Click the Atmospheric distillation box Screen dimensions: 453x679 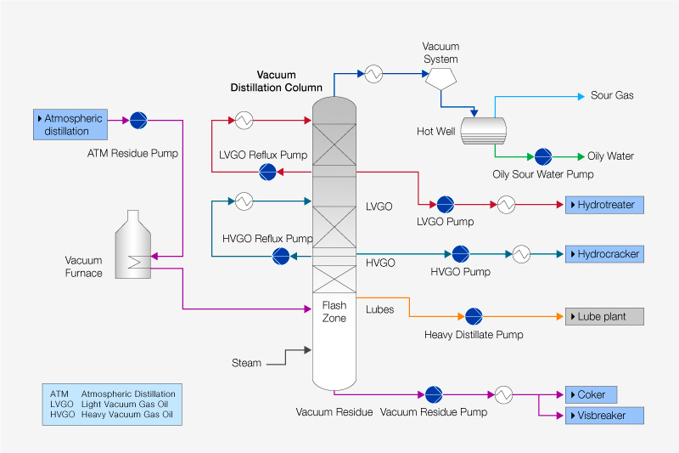[x=70, y=124]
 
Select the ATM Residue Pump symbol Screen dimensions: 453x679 [x=138, y=120]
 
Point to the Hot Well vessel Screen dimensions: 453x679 [x=483, y=130]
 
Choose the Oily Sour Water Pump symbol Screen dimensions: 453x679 [x=542, y=156]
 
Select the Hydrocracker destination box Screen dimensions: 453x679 [x=603, y=254]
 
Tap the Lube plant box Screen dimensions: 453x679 [x=604, y=316]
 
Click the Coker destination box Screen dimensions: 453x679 [x=591, y=394]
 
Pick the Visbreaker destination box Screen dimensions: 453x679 [x=604, y=416]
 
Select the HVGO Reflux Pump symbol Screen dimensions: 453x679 [x=281, y=255]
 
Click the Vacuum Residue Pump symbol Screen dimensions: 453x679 [x=434, y=394]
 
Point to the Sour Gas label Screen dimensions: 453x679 [x=612, y=95]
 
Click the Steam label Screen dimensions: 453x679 [x=246, y=363]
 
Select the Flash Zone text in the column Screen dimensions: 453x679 [x=334, y=312]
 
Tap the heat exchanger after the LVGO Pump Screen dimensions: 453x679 [x=507, y=205]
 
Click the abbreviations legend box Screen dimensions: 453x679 [x=112, y=405]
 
